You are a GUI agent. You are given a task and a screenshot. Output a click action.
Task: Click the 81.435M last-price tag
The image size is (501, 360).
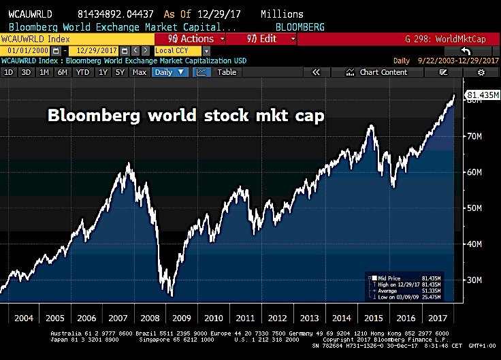click(x=482, y=95)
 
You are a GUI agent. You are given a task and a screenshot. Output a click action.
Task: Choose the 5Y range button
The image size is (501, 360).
click(x=119, y=72)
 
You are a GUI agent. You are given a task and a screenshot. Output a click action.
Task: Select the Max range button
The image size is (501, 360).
click(x=140, y=72)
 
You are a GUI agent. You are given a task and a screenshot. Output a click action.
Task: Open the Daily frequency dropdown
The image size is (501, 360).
click(x=169, y=72)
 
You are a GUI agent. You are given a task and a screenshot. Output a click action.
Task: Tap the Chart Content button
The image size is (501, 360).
click(x=383, y=72)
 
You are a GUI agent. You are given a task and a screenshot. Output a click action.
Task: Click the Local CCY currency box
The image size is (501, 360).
click(x=177, y=51)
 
